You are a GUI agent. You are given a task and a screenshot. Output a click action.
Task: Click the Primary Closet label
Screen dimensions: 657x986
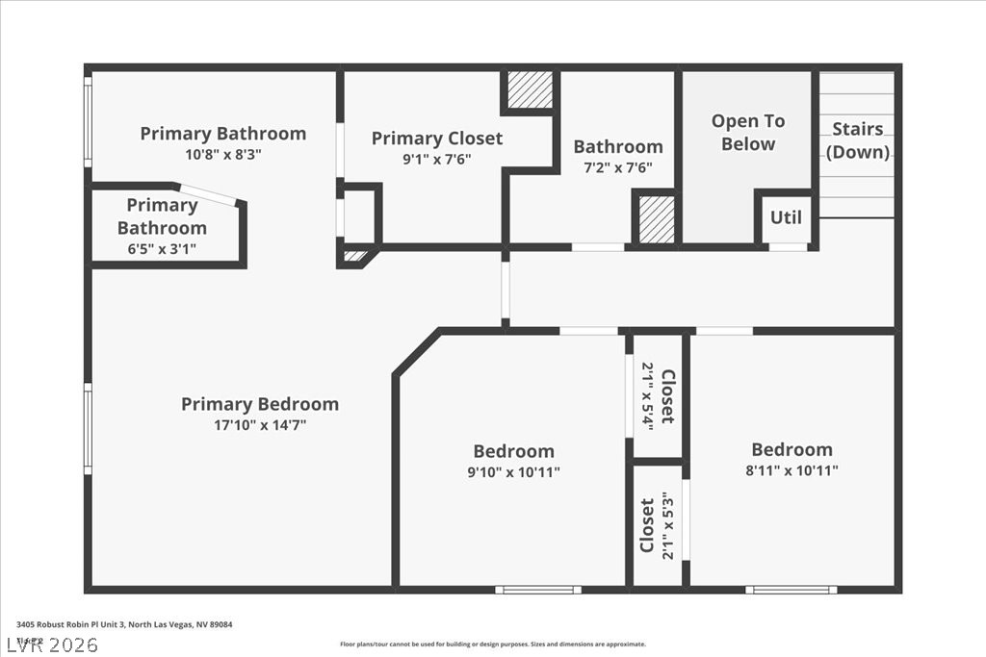coord(437,139)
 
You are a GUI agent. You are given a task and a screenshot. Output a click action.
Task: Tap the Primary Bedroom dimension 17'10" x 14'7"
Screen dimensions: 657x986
coord(260,424)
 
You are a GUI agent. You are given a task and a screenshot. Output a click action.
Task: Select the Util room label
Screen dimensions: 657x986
coord(786,217)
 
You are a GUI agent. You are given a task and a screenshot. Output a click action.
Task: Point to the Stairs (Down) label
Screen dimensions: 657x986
coord(858,140)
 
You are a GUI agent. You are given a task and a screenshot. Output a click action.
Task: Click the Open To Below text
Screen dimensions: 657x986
coord(748,133)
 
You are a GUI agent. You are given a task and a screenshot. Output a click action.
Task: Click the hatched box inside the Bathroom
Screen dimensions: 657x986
coord(658,219)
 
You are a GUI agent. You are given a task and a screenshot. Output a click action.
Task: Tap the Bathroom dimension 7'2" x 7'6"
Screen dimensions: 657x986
coord(618,166)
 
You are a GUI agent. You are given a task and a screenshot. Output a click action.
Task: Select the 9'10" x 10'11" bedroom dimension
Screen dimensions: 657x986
coord(513,471)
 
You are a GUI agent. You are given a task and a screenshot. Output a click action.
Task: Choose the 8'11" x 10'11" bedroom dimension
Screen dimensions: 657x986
coord(792,470)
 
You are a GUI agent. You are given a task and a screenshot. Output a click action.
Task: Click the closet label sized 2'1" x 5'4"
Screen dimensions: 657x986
coord(659,396)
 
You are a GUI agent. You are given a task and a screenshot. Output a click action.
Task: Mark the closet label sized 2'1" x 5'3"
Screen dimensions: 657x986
coord(657,525)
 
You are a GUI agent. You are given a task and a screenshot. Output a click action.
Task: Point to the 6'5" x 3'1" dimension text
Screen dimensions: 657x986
coord(162,249)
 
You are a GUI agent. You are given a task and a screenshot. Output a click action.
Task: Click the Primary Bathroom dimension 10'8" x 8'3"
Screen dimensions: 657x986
coord(222,154)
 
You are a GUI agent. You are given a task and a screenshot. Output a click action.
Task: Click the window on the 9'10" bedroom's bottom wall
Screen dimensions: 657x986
coord(537,589)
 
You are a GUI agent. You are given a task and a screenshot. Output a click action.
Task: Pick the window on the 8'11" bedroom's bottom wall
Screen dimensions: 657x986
coord(791,589)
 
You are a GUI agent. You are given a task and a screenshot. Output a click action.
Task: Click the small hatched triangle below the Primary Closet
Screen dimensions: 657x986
coord(355,256)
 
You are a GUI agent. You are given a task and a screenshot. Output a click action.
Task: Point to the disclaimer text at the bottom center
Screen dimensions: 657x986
coord(492,644)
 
